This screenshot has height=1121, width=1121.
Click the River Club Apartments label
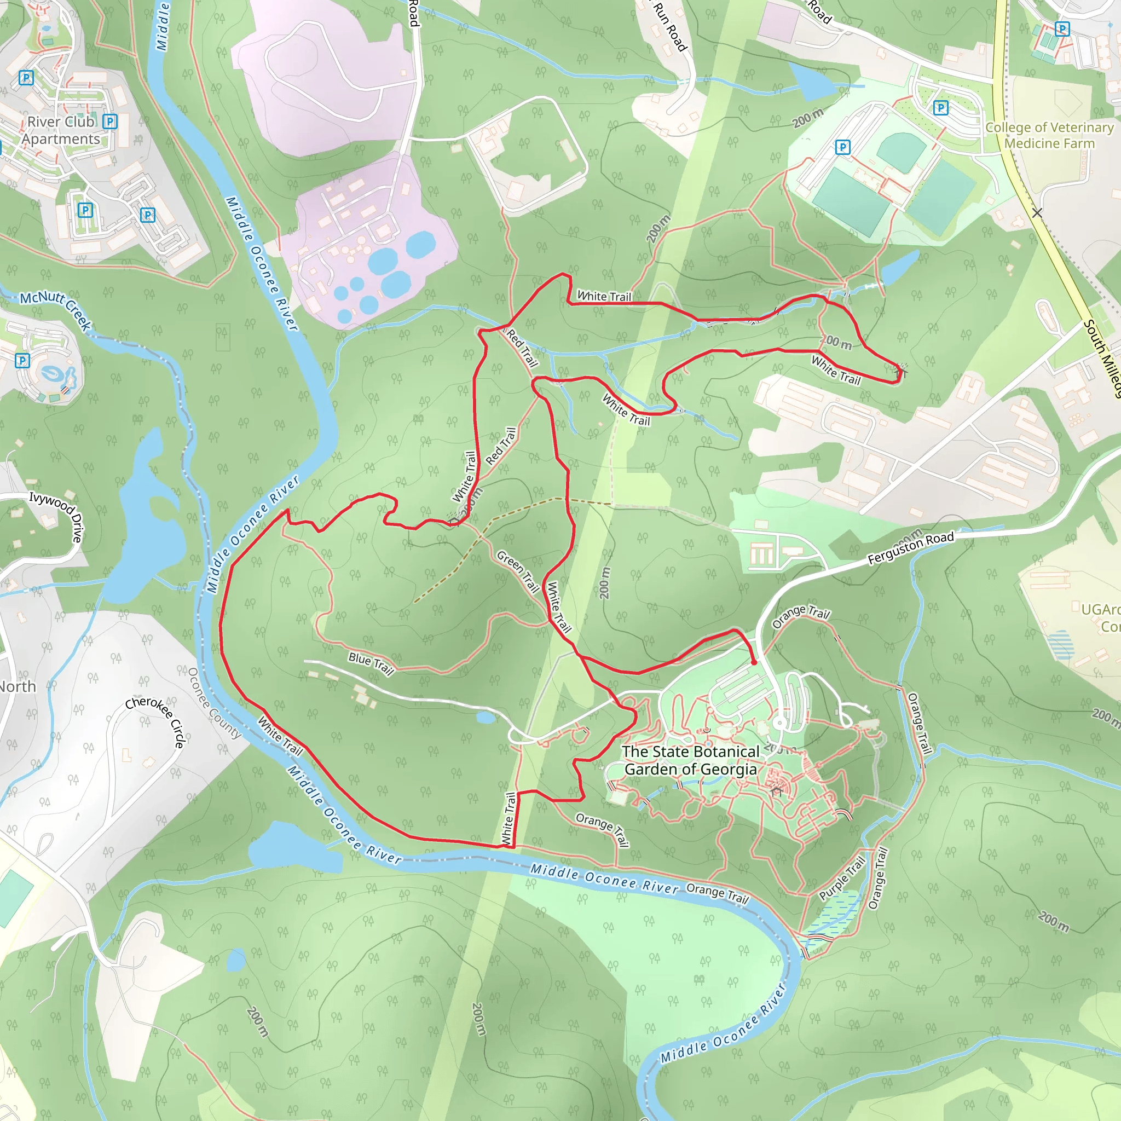[61, 131]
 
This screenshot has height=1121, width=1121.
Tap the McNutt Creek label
[56, 310]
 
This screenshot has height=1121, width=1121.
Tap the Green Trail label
[518, 571]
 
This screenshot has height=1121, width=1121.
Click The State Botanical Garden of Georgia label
[690, 760]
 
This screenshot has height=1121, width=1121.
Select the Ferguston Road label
[910, 547]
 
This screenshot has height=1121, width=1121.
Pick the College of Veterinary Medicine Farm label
[1049, 135]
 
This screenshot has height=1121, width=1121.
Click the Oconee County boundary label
[214, 703]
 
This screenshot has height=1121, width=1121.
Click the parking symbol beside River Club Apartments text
[109, 122]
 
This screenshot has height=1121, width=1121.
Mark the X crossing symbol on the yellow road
[1037, 213]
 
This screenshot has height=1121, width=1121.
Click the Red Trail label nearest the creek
[522, 347]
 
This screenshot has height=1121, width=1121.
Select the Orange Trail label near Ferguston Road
[801, 617]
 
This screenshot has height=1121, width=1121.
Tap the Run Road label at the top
[669, 26]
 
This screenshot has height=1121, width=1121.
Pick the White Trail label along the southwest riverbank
[280, 736]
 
